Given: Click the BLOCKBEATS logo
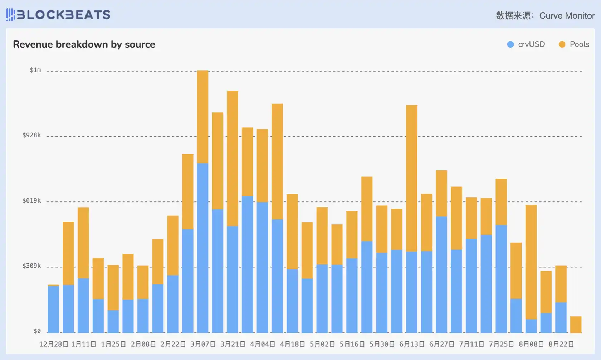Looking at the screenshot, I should coord(58,15).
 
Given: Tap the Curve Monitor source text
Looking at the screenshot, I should coord(567,16).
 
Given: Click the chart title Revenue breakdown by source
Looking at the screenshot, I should coord(84,44).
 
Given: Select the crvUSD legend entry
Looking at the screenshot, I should coord(526,44).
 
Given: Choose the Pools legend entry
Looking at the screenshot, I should coord(574,44).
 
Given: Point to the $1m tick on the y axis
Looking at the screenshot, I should coord(35,70).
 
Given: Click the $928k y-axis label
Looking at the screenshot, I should coord(32,135).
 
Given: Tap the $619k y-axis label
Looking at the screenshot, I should coord(32,200).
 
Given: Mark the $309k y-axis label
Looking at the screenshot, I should coord(32,266).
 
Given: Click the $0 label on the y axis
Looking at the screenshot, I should coord(37,331).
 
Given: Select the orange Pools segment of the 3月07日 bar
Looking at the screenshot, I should coord(203,117).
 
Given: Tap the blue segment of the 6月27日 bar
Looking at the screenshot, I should coord(441,274).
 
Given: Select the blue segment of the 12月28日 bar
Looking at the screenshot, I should coord(53,309).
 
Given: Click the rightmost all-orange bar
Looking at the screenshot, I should coord(576,325).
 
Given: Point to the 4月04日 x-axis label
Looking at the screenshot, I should coord(263,344).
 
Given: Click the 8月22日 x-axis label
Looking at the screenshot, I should coord(561,344).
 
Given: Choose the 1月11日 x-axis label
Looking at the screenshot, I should coord(83,344).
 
